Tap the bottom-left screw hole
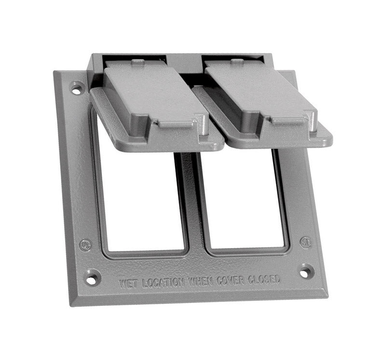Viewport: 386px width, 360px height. (91, 277)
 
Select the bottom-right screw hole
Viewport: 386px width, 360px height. (306, 271)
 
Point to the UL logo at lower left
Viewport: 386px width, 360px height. (85, 245)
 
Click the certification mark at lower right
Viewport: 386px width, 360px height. (305, 241)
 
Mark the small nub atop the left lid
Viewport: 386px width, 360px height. (138, 62)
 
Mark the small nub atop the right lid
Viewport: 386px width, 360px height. (237, 61)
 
